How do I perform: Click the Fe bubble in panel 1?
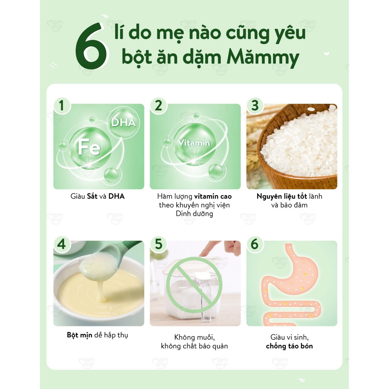pyautogui.click(x=90, y=148)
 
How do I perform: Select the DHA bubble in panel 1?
pyautogui.click(x=123, y=122)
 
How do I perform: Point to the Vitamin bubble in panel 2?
pyautogui.click(x=194, y=143)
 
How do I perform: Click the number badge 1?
pyautogui.click(x=62, y=105)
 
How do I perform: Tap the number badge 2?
pyautogui.click(x=158, y=105)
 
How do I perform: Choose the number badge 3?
pyautogui.click(x=255, y=105)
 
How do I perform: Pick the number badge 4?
pyautogui.click(x=62, y=244)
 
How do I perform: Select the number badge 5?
pyautogui.click(x=158, y=244)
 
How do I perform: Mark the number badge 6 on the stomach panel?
pyautogui.click(x=255, y=244)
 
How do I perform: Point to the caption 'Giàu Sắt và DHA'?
pyautogui.click(x=98, y=196)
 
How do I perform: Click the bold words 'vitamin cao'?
pyautogui.click(x=213, y=196)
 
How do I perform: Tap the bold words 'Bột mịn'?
pyautogui.click(x=79, y=335)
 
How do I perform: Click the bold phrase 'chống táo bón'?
pyautogui.click(x=289, y=346)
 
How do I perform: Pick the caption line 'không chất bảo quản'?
pyautogui.click(x=194, y=346)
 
